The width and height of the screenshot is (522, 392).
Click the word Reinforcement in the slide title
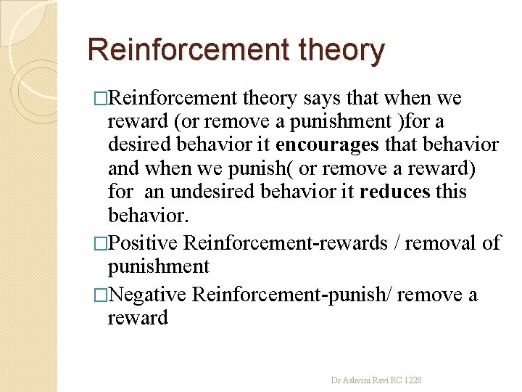[185, 50]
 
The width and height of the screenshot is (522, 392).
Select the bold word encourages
[327, 145]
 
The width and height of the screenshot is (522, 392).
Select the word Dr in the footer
[336, 380]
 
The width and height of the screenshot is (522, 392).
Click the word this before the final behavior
[449, 192]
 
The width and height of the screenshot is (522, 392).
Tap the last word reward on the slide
[138, 318]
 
